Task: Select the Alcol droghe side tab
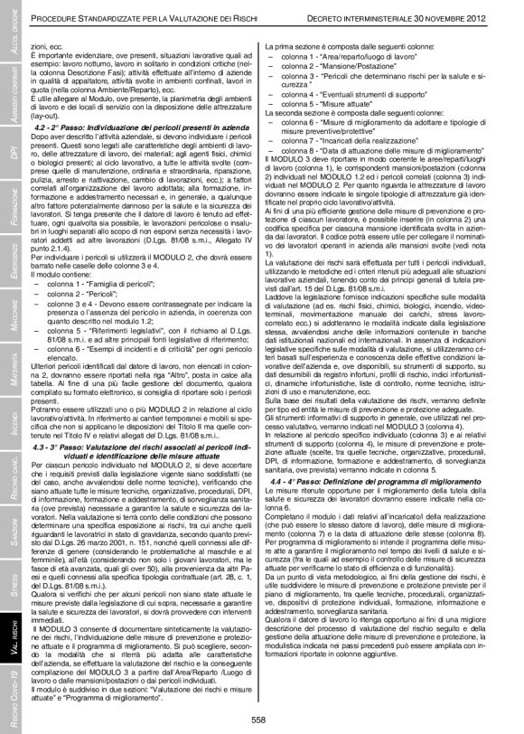click(14, 32)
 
